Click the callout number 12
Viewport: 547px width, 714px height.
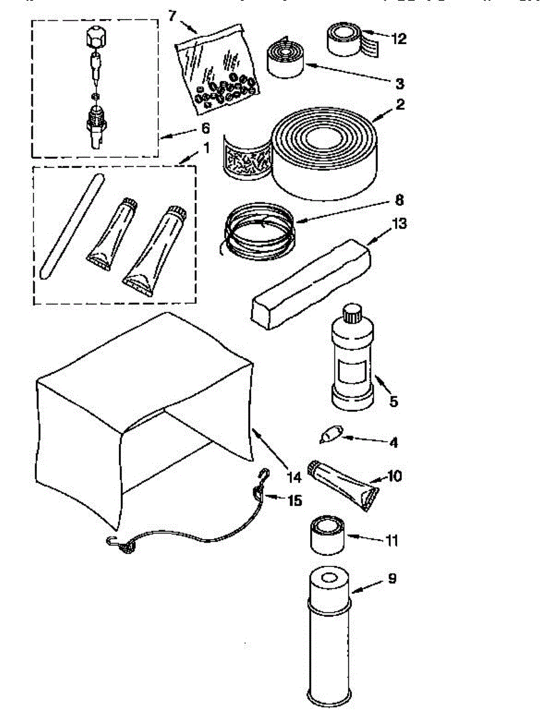point(398,39)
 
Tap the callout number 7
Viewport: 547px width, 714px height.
point(173,16)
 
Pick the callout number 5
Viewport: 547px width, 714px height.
point(393,402)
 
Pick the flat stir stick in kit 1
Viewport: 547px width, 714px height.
point(70,226)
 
